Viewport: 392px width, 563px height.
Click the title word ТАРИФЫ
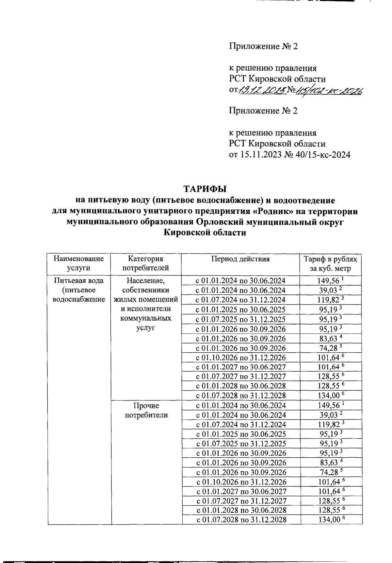coord(205,189)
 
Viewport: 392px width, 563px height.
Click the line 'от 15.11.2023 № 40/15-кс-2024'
coord(289,155)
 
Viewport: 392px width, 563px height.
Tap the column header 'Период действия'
coord(240,259)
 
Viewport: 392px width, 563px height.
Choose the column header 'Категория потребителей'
coord(146,263)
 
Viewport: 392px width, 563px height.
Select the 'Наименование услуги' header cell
coord(79,263)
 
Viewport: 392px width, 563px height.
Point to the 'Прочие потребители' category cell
coord(146,410)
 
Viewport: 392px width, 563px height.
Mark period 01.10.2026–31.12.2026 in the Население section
coord(241,358)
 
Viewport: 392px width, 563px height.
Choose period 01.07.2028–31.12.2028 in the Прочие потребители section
coord(241,520)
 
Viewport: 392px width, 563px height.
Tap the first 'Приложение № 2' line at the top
coord(263,46)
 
